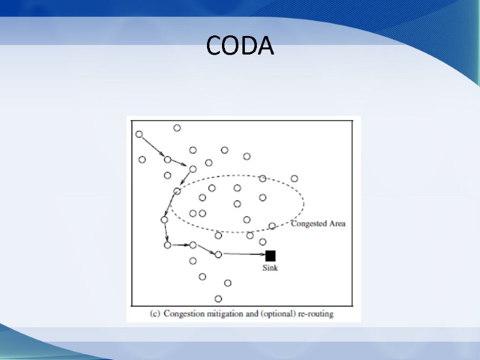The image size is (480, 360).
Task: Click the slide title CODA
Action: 239,46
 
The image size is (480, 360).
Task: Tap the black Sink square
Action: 270,256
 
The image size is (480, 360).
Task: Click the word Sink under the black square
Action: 270,268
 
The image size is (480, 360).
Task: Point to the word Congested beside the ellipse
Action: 309,224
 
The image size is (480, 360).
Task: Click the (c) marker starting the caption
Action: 154,313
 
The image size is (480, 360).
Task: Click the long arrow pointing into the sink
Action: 243,255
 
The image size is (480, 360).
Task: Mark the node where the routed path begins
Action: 139,134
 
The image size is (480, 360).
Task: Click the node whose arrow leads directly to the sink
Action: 218,254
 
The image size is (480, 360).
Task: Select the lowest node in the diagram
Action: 218,299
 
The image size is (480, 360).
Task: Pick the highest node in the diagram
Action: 177,128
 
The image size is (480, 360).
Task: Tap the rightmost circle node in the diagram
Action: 294,178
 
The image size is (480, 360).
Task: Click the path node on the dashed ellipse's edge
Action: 177,191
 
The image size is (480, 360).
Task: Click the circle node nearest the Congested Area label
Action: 272,226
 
